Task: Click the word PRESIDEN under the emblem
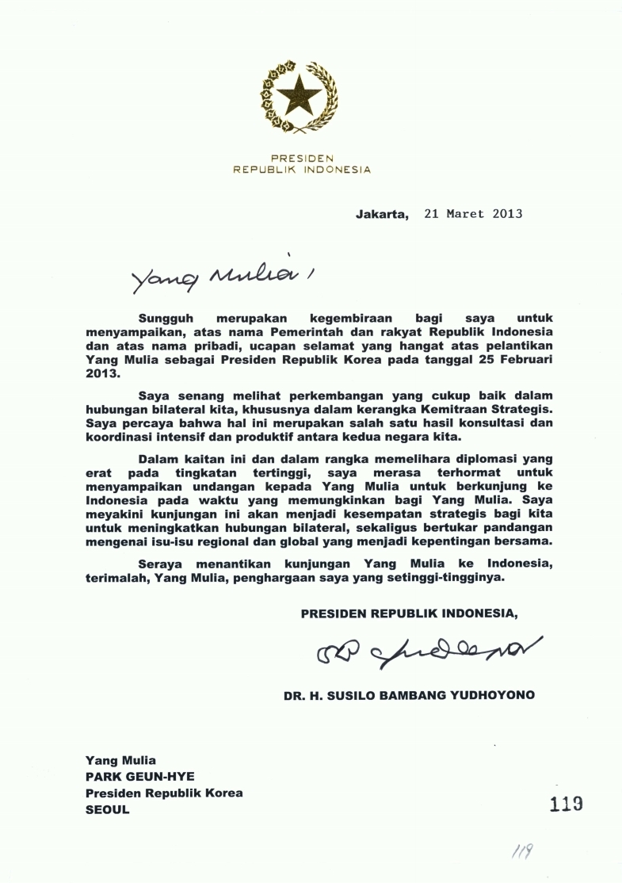(x=302, y=158)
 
